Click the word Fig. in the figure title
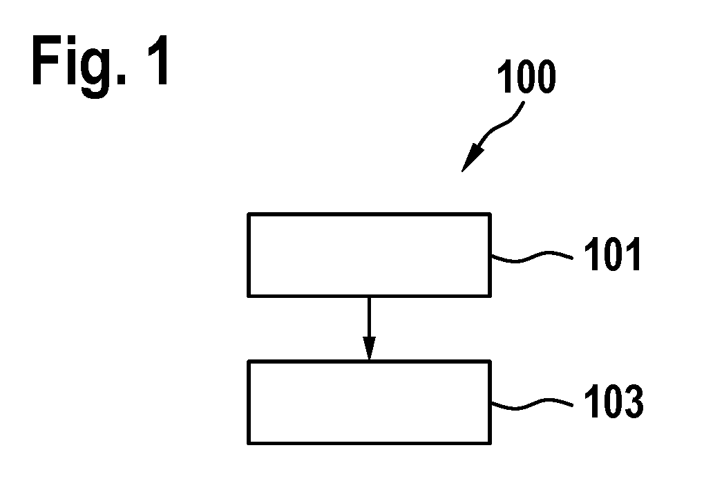(x=79, y=66)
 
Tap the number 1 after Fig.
(x=158, y=59)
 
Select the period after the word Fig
(x=121, y=79)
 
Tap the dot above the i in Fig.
(x=71, y=39)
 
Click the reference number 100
(x=526, y=77)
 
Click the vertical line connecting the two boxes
(x=369, y=317)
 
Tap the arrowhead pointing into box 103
(x=369, y=348)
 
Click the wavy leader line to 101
(x=532, y=256)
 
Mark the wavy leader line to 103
(x=532, y=404)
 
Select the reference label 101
(x=612, y=254)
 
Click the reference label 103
(x=613, y=401)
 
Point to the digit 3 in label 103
(x=634, y=401)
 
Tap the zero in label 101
(x=613, y=254)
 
